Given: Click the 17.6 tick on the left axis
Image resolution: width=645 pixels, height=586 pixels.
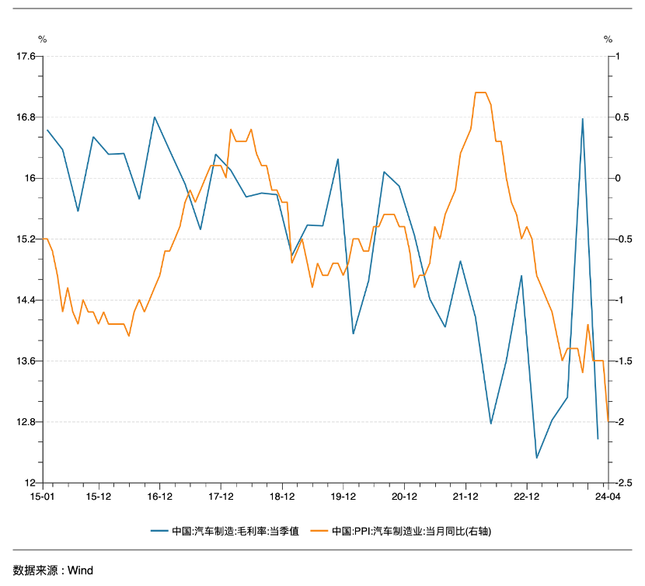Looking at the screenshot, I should click(x=26, y=56).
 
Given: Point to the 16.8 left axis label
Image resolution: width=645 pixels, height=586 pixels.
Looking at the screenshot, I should click(x=26, y=117).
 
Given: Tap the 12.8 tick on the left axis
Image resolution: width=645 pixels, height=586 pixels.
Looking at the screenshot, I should click(x=26, y=422).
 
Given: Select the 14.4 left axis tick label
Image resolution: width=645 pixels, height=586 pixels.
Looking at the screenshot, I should click(x=26, y=300).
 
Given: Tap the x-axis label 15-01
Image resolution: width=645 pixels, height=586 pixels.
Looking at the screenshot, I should click(x=42, y=496).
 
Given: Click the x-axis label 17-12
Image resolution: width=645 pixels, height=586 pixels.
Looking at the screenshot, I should click(x=221, y=496).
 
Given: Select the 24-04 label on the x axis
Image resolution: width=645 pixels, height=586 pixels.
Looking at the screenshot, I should click(x=608, y=496).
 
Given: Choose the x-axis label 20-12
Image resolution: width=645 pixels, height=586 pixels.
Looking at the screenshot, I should click(x=404, y=496).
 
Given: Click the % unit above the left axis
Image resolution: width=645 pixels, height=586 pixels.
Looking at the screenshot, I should click(x=42, y=39).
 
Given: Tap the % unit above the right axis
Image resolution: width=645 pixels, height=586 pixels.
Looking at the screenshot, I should click(x=608, y=39).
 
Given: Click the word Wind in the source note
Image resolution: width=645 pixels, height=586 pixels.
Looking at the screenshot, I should click(x=80, y=570).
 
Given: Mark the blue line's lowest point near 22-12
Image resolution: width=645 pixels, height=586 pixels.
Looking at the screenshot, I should click(x=537, y=458).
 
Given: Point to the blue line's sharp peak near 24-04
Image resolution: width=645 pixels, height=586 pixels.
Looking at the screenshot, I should click(x=583, y=119).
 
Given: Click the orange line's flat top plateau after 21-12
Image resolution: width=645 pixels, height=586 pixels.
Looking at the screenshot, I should click(x=480, y=92).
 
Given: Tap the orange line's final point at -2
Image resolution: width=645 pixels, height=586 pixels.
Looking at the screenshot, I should click(x=608, y=421).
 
